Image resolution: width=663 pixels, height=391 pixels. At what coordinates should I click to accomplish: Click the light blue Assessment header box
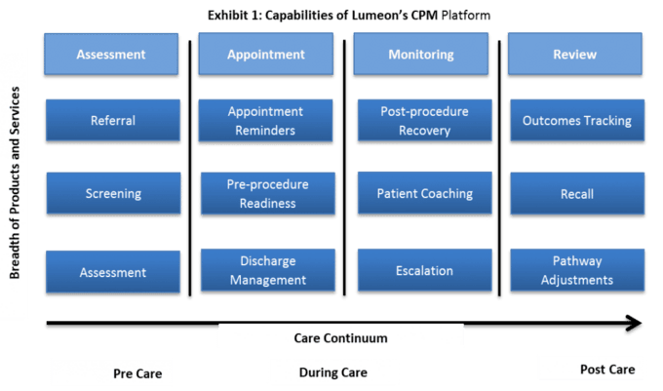[x=111, y=54]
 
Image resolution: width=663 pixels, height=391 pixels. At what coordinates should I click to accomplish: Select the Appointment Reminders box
[x=265, y=121]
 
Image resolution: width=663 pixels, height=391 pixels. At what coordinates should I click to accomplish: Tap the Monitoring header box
[x=421, y=54]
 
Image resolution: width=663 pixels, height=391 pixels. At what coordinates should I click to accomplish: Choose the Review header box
[x=575, y=54]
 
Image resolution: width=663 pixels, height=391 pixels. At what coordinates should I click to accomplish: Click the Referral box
[x=113, y=121]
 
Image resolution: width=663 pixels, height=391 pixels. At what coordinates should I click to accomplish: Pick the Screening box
[x=113, y=193]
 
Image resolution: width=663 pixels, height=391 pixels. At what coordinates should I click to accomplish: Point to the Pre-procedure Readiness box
[x=268, y=193]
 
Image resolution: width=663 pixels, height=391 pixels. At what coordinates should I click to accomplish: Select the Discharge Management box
[x=268, y=270]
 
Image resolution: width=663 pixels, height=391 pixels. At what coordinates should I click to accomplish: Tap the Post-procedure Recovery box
[x=424, y=121]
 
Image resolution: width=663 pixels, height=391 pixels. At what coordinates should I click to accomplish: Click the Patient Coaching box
[x=424, y=193]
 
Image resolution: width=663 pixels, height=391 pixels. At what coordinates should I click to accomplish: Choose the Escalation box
[x=424, y=270]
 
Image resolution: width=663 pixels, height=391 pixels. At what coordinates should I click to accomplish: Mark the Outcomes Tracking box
[x=577, y=121]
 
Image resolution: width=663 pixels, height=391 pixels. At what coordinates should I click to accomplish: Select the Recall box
[x=577, y=194]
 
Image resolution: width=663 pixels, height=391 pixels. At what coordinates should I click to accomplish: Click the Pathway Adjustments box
[x=577, y=270]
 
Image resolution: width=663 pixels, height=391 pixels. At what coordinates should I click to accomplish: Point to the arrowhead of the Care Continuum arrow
[x=641, y=324]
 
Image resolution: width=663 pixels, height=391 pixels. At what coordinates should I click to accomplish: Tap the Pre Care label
[x=137, y=373]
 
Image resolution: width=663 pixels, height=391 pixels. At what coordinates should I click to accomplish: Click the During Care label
[x=333, y=372]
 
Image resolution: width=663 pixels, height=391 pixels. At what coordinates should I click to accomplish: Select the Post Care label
[x=607, y=370]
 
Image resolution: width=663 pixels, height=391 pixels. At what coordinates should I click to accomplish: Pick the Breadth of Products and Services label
[x=15, y=182]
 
